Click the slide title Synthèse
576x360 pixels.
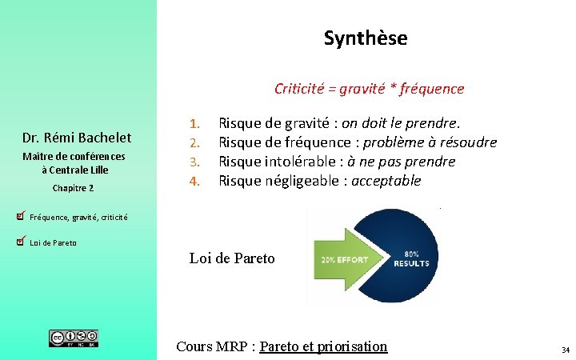click(x=366, y=38)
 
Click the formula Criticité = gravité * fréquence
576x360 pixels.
click(x=369, y=88)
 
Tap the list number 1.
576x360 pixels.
click(x=193, y=124)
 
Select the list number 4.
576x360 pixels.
click(x=193, y=181)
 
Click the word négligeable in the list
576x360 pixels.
click(x=297, y=181)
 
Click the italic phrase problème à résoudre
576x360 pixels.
click(x=430, y=142)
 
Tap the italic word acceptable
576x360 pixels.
click(x=386, y=181)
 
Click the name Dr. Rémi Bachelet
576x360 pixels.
click(x=77, y=138)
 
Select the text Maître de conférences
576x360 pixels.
click(x=74, y=157)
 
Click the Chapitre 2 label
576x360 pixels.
click(x=73, y=188)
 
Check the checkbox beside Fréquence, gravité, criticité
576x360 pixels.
click(x=21, y=215)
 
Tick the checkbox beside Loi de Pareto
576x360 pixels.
click(x=21, y=241)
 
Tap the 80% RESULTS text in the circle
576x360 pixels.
click(x=411, y=257)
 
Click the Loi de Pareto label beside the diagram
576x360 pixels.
click(x=231, y=258)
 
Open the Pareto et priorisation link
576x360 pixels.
click(x=323, y=346)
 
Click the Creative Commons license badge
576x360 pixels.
click(x=74, y=338)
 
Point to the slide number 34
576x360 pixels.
click(x=565, y=350)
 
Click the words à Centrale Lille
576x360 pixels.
click(x=74, y=170)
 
